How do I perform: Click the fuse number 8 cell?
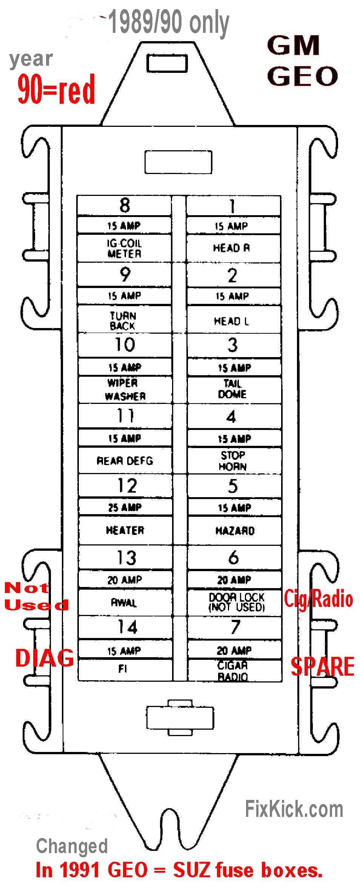[x=125, y=205]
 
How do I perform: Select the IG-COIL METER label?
[x=124, y=248]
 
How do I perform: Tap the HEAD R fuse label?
[x=231, y=248]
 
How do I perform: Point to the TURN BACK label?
[x=123, y=320]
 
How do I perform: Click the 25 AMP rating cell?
[x=125, y=507]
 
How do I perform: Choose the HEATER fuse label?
[x=125, y=530]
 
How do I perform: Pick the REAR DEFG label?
[x=125, y=461]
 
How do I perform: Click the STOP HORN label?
[x=233, y=461]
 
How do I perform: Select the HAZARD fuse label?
[x=235, y=531]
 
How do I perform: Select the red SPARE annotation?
[x=323, y=666]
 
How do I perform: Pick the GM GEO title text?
[x=302, y=61]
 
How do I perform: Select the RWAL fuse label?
[x=124, y=603]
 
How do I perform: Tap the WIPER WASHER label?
[x=124, y=390]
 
